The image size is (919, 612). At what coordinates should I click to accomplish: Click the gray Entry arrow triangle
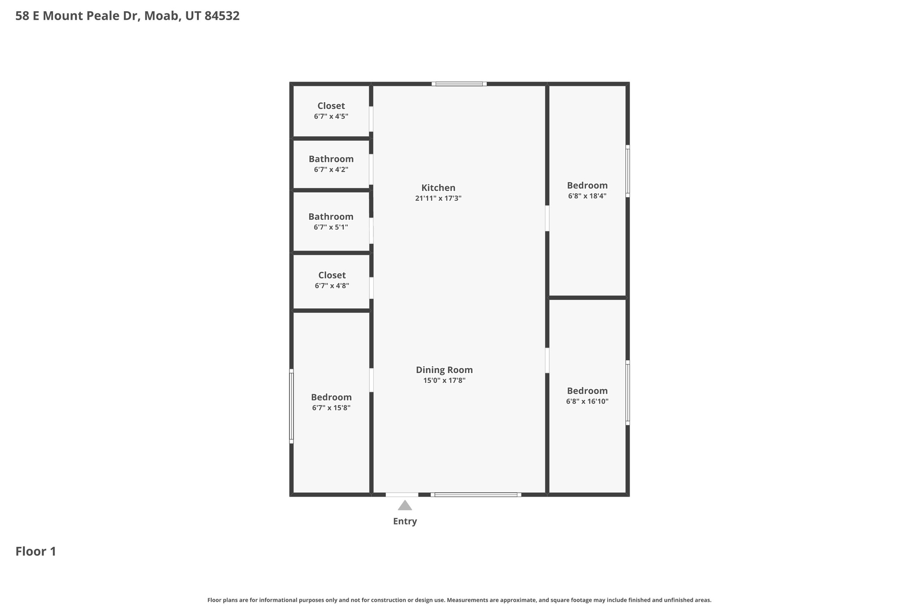[x=405, y=506]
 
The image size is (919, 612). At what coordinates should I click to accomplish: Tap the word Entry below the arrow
[x=405, y=521]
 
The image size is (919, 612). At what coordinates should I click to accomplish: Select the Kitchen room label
[x=438, y=188]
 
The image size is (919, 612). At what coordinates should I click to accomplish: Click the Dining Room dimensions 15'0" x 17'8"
[x=444, y=381]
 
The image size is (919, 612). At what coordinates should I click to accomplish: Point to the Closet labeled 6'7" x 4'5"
[x=331, y=111]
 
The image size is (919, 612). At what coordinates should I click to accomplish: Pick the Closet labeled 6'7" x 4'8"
[x=332, y=280]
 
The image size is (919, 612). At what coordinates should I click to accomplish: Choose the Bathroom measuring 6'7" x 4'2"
[x=331, y=164]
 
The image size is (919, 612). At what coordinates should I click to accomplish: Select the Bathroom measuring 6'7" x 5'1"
[x=331, y=221]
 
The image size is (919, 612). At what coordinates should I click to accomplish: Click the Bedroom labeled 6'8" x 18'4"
[x=587, y=190]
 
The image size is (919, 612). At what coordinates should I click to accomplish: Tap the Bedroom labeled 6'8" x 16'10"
[x=587, y=395]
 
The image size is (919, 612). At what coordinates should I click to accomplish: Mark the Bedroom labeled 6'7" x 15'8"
[x=331, y=402]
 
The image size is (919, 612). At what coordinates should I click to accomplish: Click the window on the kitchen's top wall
[x=459, y=84]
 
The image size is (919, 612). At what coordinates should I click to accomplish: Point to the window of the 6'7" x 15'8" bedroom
[x=291, y=406]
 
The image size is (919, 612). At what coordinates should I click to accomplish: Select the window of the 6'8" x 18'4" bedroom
[x=627, y=171]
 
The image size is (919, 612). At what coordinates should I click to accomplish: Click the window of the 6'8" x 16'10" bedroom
[x=627, y=392]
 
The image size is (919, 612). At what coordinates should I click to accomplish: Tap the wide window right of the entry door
[x=476, y=495]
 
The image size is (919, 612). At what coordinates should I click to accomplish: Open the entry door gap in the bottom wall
[x=402, y=495]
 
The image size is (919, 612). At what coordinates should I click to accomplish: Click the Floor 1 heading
[x=36, y=551]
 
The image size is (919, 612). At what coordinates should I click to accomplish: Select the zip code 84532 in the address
[x=222, y=16]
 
